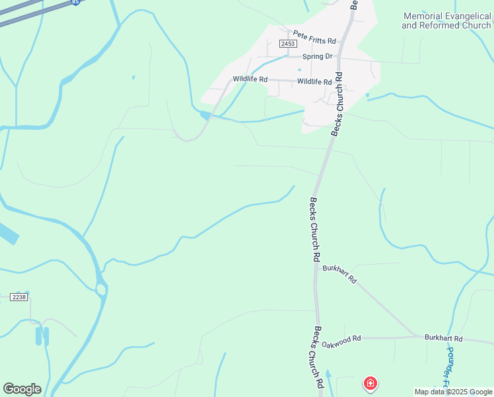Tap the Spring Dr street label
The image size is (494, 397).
(317, 56)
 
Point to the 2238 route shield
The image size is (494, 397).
(18, 297)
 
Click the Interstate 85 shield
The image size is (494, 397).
(76, 2)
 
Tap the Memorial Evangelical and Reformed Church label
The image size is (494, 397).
(446, 21)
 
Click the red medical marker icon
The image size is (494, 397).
(370, 383)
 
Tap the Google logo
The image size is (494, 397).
(22, 389)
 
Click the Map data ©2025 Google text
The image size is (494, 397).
(452, 392)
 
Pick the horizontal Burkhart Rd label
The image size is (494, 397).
(443, 338)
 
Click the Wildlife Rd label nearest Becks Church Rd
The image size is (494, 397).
(314, 81)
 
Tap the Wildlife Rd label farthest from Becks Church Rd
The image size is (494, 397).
(250, 79)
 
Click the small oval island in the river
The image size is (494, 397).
(101, 290)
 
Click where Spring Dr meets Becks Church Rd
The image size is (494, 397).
(341, 57)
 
